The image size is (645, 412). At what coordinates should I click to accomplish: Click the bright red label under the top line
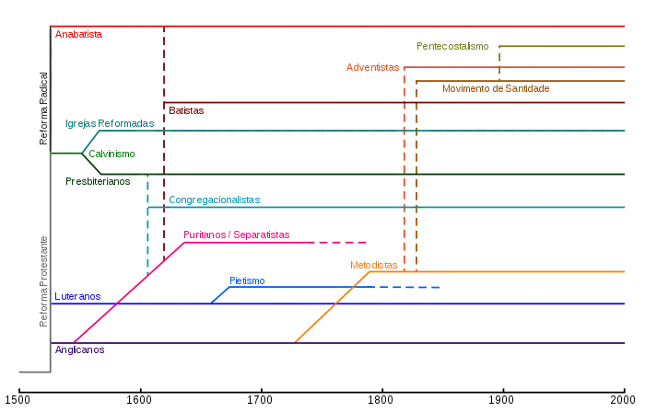78,35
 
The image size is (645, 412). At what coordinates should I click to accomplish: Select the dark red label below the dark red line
187,111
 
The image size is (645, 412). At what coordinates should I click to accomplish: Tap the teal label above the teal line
110,123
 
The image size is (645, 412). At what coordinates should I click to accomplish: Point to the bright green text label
112,154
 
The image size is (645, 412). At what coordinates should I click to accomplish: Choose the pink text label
238,235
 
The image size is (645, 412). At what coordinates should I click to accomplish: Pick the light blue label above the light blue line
247,280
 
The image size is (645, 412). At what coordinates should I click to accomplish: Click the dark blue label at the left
78,297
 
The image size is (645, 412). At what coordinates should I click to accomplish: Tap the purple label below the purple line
81,349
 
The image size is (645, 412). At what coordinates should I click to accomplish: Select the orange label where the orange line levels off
372,265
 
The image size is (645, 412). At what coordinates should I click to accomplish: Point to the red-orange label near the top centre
374,67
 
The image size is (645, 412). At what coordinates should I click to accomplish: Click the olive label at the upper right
450,44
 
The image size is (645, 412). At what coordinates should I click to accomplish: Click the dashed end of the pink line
341,243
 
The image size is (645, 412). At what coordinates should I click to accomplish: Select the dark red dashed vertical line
165,184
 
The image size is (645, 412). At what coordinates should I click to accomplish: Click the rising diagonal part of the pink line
129,292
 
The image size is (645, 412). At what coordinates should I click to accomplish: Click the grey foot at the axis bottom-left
32,372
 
